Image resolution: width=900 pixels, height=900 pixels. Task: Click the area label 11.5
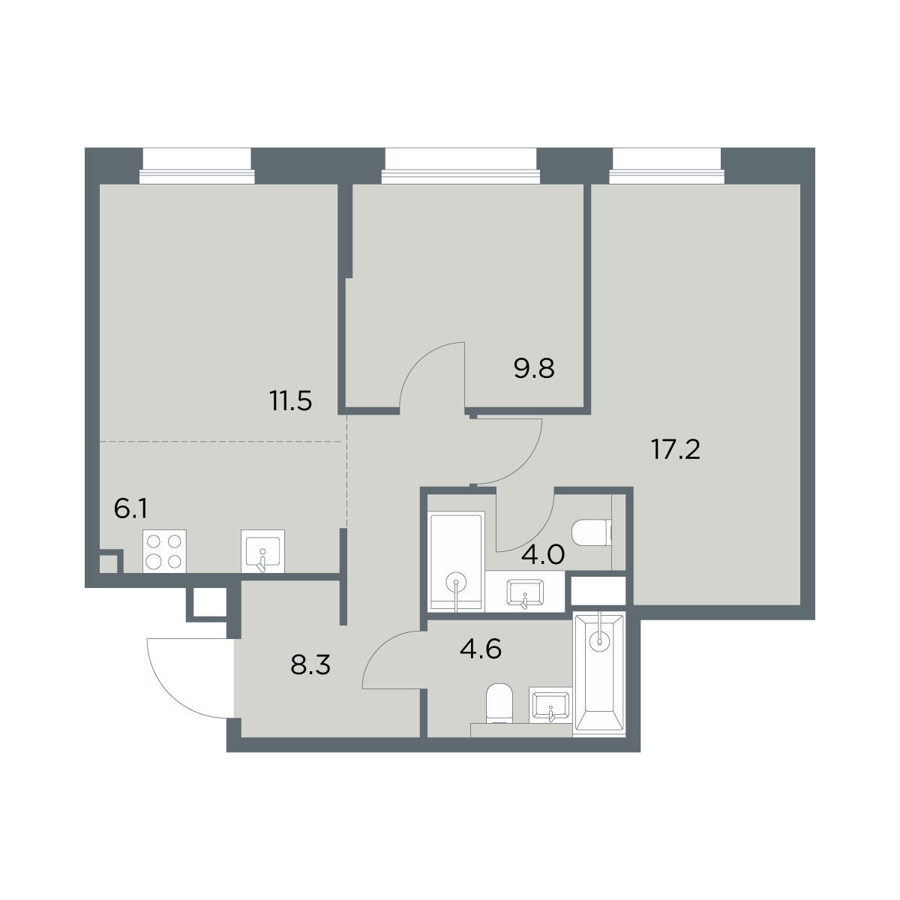[x=290, y=400]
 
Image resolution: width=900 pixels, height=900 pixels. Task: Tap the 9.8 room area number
[x=534, y=368]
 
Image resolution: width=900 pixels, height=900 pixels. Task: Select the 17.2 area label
[x=676, y=450]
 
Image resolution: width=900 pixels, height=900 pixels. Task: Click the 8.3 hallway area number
[x=310, y=664]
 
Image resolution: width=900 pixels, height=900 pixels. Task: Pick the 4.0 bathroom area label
[x=543, y=555]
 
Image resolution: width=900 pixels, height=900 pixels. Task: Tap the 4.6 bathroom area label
[x=481, y=649]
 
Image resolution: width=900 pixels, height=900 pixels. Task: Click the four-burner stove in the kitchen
[x=164, y=551]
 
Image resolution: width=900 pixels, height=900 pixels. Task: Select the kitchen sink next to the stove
[x=262, y=551]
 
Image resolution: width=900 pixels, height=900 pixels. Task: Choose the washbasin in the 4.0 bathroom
[x=525, y=592]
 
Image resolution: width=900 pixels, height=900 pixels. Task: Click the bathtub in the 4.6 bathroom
[x=600, y=673]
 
